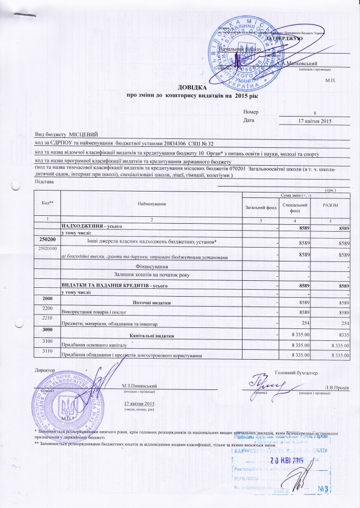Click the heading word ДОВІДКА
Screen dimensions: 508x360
(180, 86)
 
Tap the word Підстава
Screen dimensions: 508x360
(44, 183)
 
